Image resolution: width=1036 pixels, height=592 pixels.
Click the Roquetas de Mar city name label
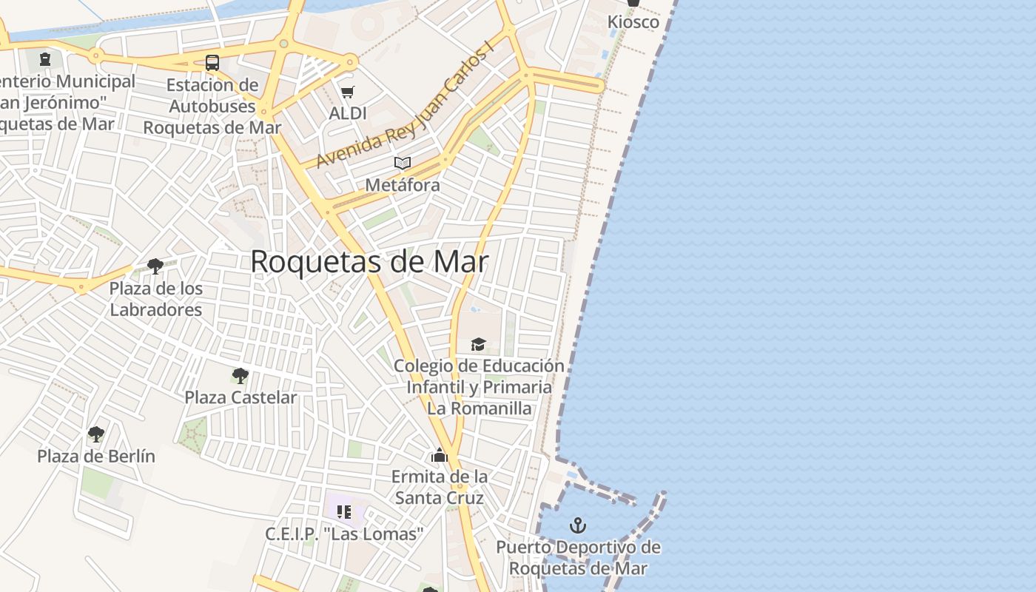tap(369, 262)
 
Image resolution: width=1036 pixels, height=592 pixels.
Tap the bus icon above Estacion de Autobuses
tap(212, 63)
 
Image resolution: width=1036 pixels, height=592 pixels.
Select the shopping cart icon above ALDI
tap(347, 92)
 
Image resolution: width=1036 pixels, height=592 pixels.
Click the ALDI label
tap(348, 113)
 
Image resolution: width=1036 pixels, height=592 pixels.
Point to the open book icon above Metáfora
tap(403, 163)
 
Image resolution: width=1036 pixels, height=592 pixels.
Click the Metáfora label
tap(403, 185)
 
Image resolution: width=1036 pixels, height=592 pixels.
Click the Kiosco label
tap(633, 22)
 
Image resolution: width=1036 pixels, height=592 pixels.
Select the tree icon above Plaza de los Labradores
tap(155, 266)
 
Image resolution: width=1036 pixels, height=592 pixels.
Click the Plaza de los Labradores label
tap(155, 299)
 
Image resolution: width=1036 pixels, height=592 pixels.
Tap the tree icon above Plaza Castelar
tap(240, 376)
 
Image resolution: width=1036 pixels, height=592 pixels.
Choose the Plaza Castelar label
tap(240, 397)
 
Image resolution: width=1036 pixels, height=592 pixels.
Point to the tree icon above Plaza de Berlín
tap(96, 434)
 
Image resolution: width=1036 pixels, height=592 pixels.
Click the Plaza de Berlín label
tap(96, 456)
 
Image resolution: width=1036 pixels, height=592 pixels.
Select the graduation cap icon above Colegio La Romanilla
tap(479, 344)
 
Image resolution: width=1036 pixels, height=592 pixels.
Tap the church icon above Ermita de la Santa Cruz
tap(440, 455)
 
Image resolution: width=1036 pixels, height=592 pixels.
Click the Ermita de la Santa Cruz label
tap(440, 487)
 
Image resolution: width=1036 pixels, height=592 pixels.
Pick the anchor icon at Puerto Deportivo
tap(578, 525)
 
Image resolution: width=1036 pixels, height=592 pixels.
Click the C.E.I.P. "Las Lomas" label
tap(344, 534)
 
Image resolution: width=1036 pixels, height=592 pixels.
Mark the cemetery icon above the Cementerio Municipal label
tap(45, 59)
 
